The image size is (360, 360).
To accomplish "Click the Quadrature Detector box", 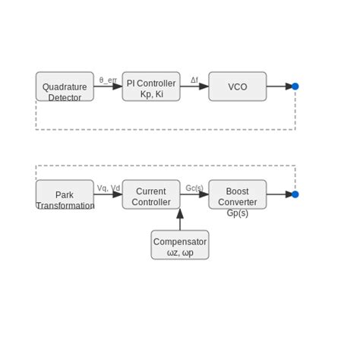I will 65,87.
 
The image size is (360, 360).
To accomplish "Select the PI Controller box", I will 151,87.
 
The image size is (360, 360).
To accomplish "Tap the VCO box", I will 238,87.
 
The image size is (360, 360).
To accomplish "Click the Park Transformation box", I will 65,194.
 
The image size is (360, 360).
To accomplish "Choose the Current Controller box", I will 151,194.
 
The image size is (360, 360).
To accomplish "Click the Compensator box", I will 180,245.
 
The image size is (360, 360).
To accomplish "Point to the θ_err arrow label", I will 108,80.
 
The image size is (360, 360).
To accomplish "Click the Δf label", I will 194,80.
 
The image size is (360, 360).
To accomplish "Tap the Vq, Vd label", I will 108,188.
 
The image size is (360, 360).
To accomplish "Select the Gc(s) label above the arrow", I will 194,188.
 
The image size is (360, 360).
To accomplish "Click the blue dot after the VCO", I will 295,87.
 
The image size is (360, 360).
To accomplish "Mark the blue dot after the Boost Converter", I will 295,194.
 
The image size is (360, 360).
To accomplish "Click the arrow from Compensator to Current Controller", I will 180,219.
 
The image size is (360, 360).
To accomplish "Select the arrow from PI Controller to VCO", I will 194,87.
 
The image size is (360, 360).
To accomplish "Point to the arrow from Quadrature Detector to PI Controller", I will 108,87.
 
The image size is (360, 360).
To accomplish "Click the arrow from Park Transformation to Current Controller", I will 108,194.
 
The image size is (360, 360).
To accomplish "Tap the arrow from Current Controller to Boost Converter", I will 194,194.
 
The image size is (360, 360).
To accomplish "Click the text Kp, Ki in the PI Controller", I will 151,94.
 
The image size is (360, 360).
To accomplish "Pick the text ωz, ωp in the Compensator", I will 180,252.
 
